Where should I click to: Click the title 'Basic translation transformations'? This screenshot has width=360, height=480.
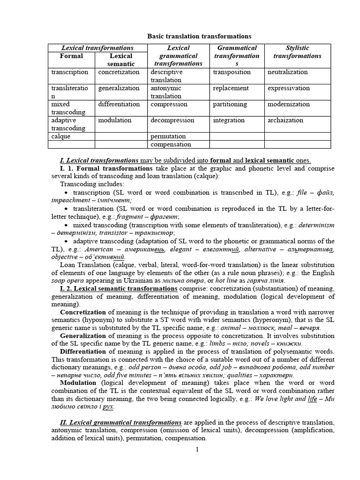[200, 36]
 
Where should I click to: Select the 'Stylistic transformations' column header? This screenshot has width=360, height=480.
[297, 52]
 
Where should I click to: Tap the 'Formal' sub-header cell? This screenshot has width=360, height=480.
[71, 56]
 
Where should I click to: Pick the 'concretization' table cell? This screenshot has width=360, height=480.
[119, 72]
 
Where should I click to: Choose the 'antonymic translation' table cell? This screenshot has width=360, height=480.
[166, 92]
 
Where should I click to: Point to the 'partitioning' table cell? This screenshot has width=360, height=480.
[230, 104]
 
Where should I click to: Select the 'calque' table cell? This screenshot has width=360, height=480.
[60, 136]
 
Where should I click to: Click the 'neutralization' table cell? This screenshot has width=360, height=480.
[287, 72]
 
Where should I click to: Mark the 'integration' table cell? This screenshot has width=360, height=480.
[229, 120]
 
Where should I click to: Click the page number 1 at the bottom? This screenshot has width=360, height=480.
[197, 450]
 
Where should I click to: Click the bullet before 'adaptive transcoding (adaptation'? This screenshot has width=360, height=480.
[65, 241]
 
